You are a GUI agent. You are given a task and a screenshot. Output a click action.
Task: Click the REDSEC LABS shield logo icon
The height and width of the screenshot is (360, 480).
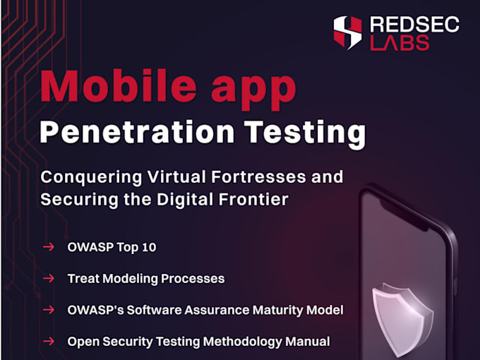point(347,32)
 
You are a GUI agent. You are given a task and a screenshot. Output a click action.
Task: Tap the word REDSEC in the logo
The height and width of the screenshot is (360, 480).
point(415,24)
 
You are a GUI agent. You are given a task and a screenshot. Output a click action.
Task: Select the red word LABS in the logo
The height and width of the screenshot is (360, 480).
point(400,42)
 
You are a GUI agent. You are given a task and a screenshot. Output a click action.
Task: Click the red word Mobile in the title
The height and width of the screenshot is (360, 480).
point(119,86)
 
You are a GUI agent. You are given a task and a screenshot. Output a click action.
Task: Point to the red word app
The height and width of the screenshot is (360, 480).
point(253,91)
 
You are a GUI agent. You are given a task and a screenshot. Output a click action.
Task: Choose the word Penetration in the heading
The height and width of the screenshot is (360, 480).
point(137,131)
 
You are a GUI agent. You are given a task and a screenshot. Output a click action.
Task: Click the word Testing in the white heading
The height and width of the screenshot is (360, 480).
point(305,135)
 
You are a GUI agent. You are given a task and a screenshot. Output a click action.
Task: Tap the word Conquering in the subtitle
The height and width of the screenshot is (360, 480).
point(92,178)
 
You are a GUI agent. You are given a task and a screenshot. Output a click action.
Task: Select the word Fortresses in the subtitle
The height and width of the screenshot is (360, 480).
point(258,177)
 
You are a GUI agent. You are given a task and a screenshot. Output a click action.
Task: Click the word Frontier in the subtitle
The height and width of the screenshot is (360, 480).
point(253,200)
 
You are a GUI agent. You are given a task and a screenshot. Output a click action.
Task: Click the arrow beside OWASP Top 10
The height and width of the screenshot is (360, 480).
point(49,247)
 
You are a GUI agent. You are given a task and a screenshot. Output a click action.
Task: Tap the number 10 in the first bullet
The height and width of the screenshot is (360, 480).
point(149,247)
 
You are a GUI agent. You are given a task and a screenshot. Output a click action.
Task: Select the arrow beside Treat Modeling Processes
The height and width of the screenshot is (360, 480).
point(49,278)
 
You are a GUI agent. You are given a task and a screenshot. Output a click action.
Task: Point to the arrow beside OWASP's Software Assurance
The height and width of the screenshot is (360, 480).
point(49,310)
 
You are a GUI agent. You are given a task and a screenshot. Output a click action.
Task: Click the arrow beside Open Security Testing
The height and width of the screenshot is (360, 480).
point(49,341)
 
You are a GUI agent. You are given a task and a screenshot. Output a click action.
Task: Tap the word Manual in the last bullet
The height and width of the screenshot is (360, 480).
point(307,342)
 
